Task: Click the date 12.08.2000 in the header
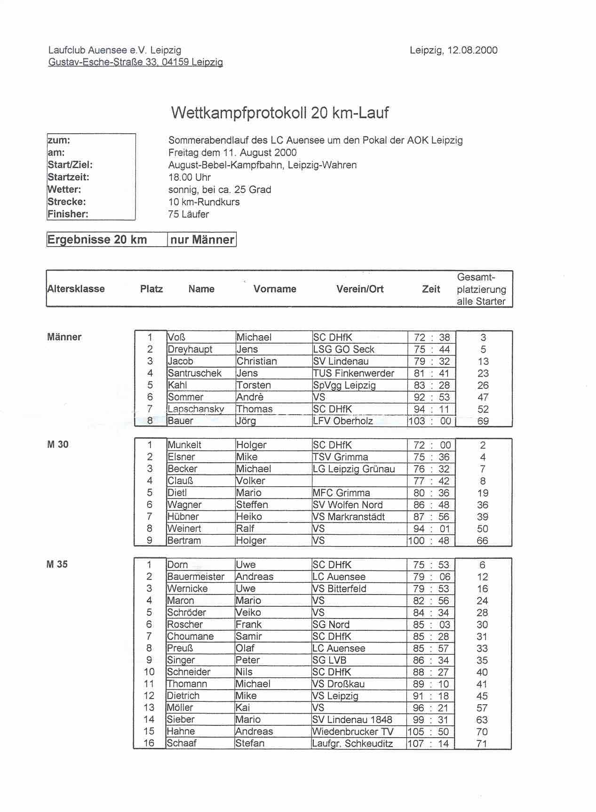pos(472,50)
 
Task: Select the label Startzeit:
pos(68,177)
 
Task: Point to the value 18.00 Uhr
pos(190,177)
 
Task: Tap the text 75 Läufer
pos(189,214)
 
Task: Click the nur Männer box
pos(202,240)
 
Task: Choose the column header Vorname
pos(275,289)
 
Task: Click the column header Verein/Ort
pos(360,289)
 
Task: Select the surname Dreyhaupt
pos(190,349)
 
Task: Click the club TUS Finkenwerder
pos(354,373)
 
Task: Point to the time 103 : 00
pos(430,421)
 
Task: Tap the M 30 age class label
pos(58,444)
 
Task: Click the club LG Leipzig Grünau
pos(354,469)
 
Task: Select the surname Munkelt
pos(184,445)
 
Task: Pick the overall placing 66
pos(483,540)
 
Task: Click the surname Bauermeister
pos(196,577)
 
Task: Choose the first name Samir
pos(248,636)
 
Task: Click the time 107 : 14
pos(430,744)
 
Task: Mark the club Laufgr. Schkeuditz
pos(352,744)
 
